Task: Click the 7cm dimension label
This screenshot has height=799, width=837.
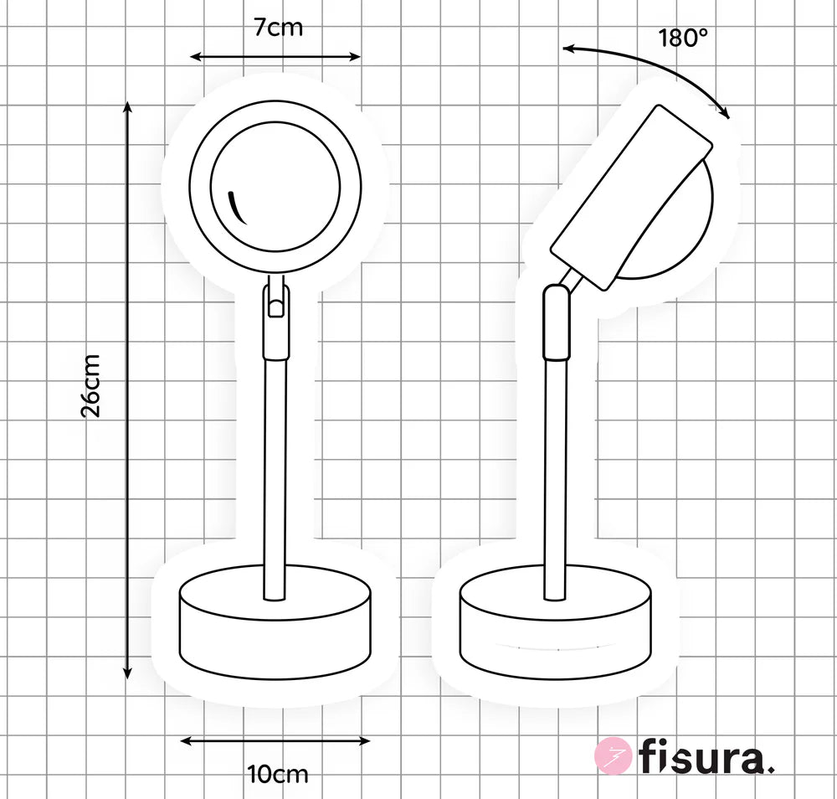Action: [x=278, y=28]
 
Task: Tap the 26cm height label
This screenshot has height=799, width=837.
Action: [x=90, y=384]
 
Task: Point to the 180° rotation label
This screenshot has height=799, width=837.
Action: [x=683, y=39]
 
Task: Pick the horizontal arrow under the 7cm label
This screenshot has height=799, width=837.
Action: [x=275, y=57]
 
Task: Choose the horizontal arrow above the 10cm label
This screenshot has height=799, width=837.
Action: [x=275, y=740]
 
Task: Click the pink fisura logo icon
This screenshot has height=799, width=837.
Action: [x=612, y=756]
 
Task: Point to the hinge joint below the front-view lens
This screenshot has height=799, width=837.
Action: [x=275, y=302]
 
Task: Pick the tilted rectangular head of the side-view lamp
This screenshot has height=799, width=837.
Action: [x=632, y=197]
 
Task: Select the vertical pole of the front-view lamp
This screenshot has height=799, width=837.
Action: [x=275, y=477]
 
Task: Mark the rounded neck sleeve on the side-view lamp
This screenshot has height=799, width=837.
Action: [x=555, y=322]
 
